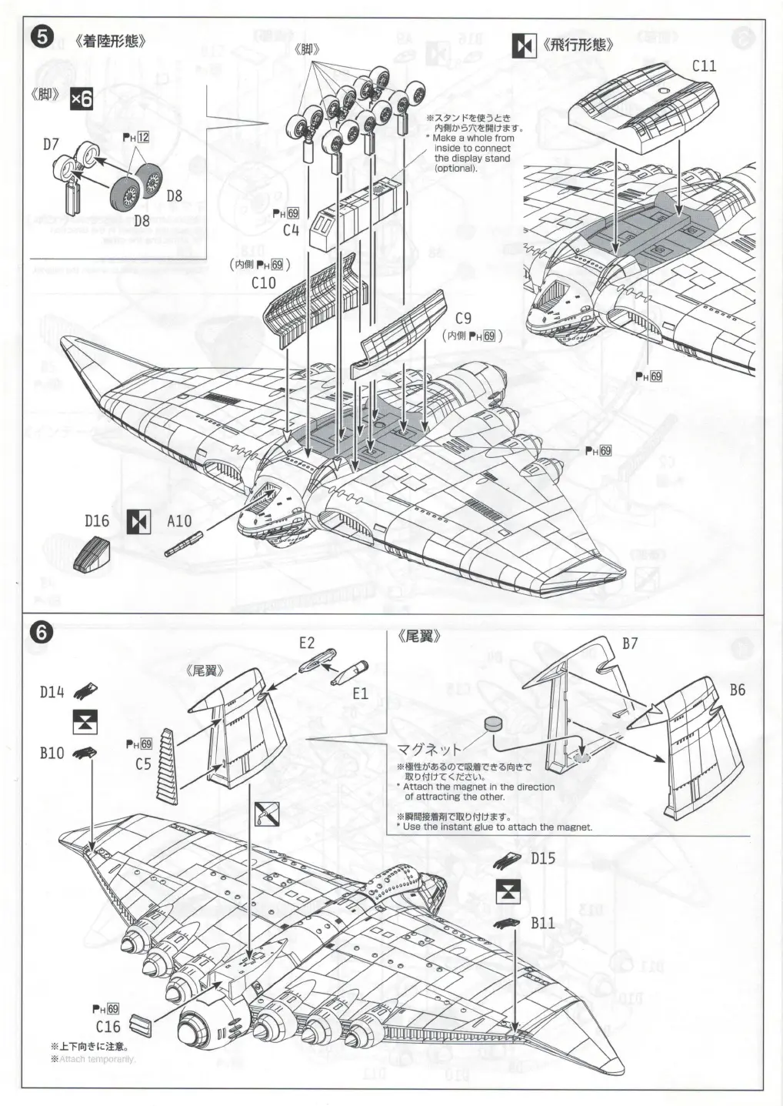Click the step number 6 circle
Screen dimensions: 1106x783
pyautogui.click(x=42, y=633)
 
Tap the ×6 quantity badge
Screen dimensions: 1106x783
pyautogui.click(x=81, y=99)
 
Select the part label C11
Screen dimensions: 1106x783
pyautogui.click(x=704, y=66)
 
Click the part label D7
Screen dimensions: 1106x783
pyautogui.click(x=51, y=144)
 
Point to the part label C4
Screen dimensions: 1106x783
pyautogui.click(x=291, y=229)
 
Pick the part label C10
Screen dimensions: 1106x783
pyautogui.click(x=263, y=282)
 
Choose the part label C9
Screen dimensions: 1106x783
pyautogui.click(x=463, y=318)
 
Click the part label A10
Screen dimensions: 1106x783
pyautogui.click(x=179, y=521)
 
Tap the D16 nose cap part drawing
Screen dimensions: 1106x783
pyautogui.click(x=92, y=554)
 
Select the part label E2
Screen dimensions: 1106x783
pyautogui.click(x=307, y=643)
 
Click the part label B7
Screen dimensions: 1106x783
pyautogui.click(x=629, y=643)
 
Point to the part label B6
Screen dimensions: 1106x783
pyautogui.click(x=737, y=690)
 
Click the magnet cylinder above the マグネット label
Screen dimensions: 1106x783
pyautogui.click(x=493, y=724)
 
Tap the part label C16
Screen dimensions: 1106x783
pyautogui.click(x=108, y=1027)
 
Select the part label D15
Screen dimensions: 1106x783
pyautogui.click(x=543, y=858)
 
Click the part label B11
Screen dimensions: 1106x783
pyautogui.click(x=542, y=923)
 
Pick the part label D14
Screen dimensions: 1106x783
pyautogui.click(x=52, y=692)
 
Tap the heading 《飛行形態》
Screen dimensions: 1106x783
pyautogui.click(x=578, y=45)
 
